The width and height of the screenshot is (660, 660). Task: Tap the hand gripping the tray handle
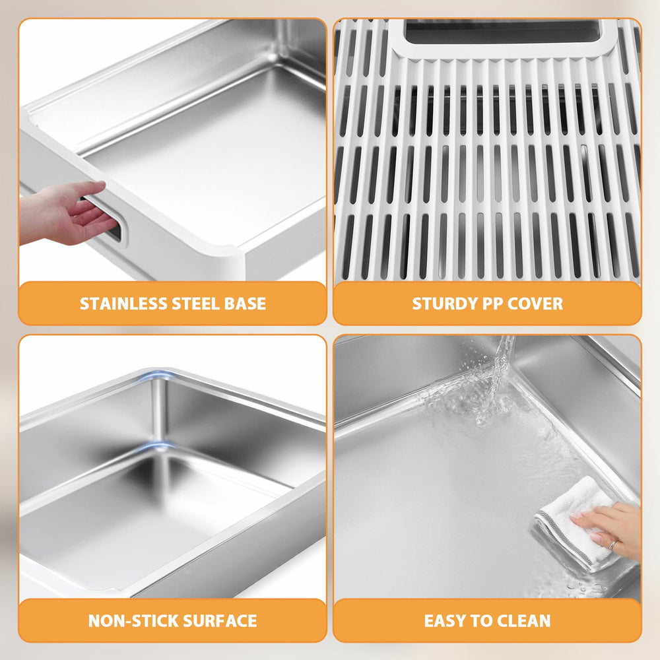point(66,211)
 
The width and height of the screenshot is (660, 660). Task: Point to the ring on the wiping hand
point(612,545)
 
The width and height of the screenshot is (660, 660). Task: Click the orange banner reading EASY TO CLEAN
point(487,620)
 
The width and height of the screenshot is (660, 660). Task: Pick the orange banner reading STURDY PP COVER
point(487,304)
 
